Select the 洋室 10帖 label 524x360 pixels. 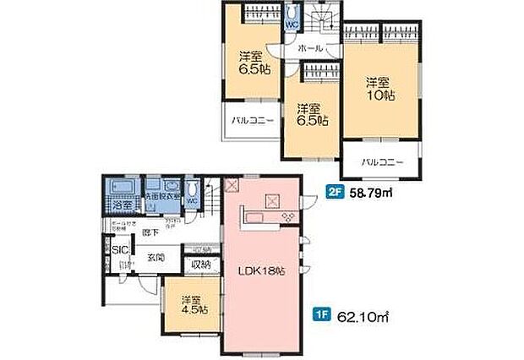[x=379, y=89]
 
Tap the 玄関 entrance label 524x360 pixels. [x=155, y=257]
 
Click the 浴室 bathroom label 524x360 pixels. [x=122, y=205]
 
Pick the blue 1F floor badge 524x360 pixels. [x=321, y=318]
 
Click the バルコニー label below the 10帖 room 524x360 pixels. [x=381, y=161]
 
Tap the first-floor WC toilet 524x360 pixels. [x=193, y=193]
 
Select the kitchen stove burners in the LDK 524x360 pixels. [x=289, y=217]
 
